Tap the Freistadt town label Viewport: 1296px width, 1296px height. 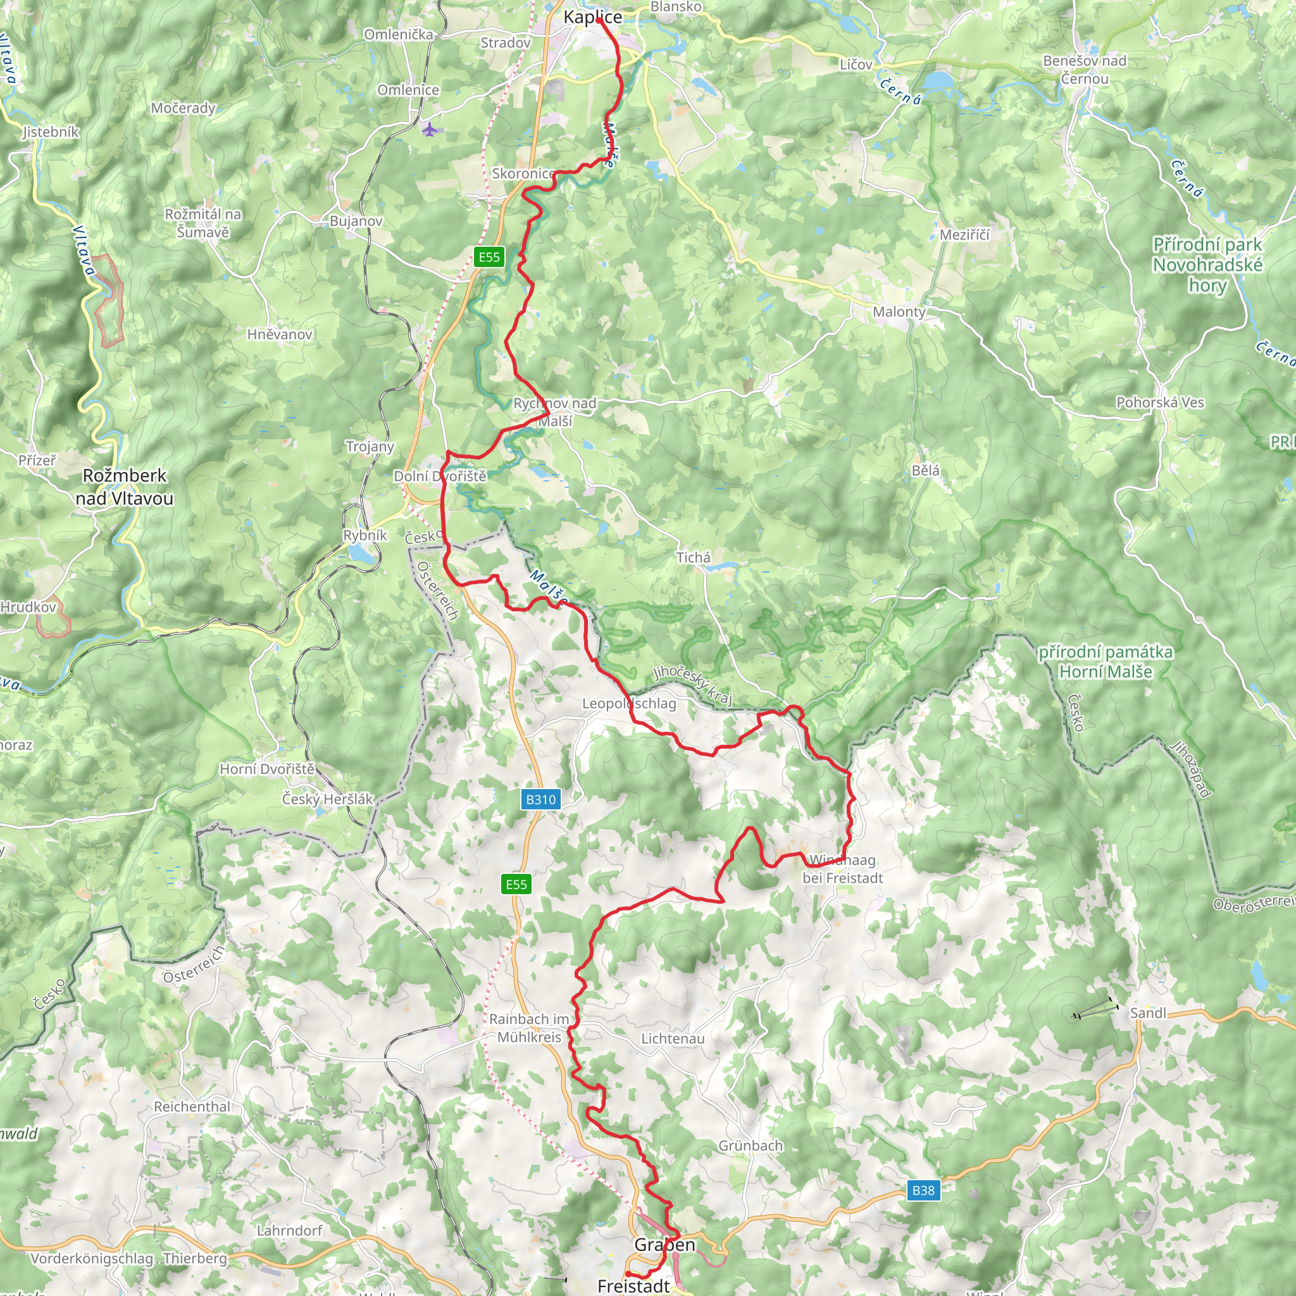633,1285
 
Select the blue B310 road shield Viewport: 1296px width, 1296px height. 540,799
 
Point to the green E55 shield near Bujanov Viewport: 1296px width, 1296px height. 489,257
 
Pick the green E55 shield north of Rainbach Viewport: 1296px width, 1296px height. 516,883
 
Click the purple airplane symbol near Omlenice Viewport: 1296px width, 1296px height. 429,128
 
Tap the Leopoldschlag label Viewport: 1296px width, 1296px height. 628,703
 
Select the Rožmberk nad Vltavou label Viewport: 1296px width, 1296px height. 124,487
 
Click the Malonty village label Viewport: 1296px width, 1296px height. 899,311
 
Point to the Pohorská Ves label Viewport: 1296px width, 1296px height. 1160,402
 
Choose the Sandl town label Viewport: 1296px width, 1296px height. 1148,1012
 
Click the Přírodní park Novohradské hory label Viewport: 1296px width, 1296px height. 1207,265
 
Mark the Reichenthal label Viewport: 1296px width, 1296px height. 192,1106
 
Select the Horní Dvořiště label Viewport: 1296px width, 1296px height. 267,769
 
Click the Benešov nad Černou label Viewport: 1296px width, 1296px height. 1085,69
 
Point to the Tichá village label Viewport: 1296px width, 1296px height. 693,557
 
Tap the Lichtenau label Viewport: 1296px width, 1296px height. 673,1038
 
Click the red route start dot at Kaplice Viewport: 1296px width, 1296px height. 597,21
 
